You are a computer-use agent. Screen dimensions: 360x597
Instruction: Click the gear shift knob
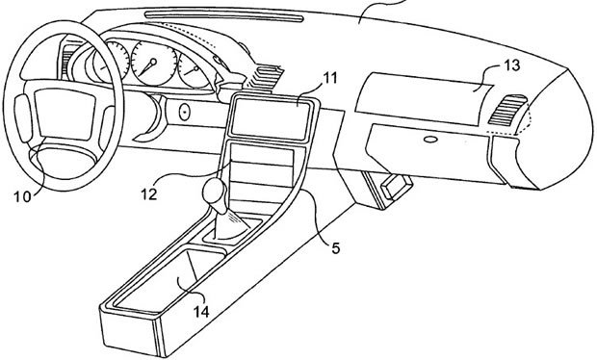[x=215, y=193]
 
